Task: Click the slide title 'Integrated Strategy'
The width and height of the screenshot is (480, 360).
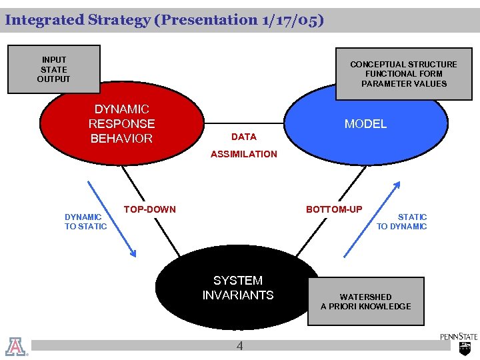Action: (x=77, y=20)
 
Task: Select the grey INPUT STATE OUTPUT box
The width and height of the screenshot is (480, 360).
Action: (x=53, y=69)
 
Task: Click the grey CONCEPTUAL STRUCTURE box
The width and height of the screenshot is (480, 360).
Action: (x=403, y=74)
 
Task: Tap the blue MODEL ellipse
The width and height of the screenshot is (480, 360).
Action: (x=365, y=125)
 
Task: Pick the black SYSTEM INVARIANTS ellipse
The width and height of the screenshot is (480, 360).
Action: (x=237, y=288)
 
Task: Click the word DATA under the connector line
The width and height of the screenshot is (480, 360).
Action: (x=243, y=137)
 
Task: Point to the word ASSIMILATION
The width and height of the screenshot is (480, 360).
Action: (x=243, y=154)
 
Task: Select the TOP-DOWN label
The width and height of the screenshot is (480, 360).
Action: (x=150, y=209)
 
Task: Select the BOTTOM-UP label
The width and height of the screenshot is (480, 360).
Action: (x=334, y=209)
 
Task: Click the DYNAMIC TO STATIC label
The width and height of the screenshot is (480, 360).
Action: (x=85, y=221)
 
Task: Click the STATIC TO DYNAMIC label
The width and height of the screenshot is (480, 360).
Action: (x=402, y=221)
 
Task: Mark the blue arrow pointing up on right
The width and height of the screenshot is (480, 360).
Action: (x=372, y=219)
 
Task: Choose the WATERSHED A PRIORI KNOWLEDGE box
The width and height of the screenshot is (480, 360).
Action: (x=365, y=301)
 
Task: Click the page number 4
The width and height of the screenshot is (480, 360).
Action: (x=239, y=346)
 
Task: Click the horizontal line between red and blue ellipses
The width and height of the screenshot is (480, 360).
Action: (x=244, y=123)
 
